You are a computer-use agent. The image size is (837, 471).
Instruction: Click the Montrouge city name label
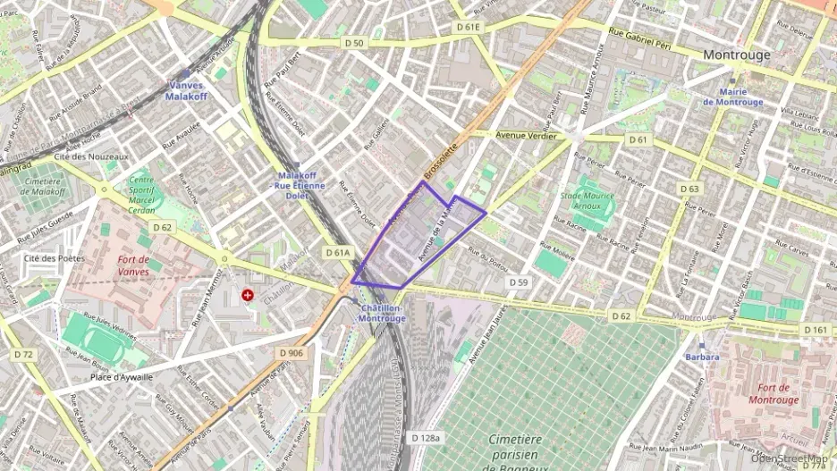[x=736, y=55]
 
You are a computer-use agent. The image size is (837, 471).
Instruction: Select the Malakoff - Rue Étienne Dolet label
[x=301, y=185]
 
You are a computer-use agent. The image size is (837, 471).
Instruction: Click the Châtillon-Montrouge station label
[x=381, y=313]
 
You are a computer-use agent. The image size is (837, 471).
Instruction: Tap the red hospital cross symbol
[x=248, y=294]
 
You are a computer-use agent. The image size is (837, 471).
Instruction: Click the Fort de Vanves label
[x=139, y=265]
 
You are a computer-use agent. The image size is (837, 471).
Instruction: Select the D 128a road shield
[x=427, y=437]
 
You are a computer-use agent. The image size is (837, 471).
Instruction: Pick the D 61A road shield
[x=337, y=253]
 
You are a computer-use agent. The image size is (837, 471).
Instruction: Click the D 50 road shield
[x=354, y=43]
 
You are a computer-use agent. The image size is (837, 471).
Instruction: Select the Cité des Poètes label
[x=54, y=258]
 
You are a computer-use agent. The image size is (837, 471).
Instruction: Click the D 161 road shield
[x=815, y=330]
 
